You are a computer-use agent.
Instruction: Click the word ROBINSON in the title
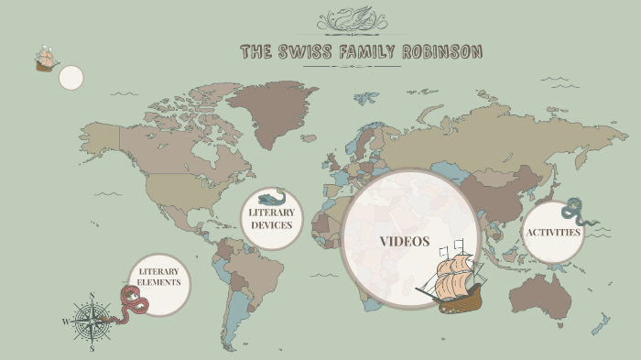438,51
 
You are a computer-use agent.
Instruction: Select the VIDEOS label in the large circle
405,242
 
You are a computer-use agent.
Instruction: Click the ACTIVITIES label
553,233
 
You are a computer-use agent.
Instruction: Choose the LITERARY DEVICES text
271,219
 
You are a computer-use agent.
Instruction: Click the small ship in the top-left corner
45,60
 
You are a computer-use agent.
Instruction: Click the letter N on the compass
92,296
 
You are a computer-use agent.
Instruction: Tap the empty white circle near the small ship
71,78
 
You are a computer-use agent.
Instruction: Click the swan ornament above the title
352,20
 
